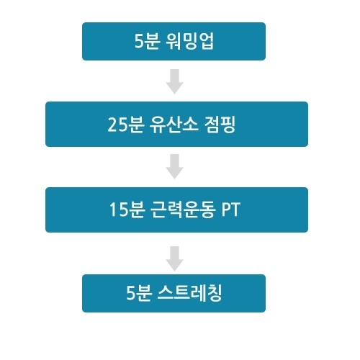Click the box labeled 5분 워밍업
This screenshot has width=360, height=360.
[x=174, y=41]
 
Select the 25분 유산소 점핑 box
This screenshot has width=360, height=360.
[x=176, y=124]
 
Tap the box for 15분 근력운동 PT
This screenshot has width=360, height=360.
[x=176, y=210]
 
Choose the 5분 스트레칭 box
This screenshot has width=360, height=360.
[x=174, y=293]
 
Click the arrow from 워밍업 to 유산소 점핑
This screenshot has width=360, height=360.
[x=175, y=81]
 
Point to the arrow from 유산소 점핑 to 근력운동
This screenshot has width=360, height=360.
[x=175, y=166]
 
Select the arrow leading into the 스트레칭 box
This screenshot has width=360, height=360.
[x=175, y=258]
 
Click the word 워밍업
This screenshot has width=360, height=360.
[x=189, y=41]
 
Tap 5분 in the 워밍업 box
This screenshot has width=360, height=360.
[x=147, y=41]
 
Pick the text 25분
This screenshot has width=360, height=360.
[x=126, y=125]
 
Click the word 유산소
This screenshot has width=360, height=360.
[x=174, y=125]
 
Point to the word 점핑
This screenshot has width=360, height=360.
[x=220, y=125]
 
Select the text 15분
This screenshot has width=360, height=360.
[x=127, y=210]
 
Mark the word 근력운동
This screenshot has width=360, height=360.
[x=182, y=210]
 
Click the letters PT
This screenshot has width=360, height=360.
[x=230, y=210]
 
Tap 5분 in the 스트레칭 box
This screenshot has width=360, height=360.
[x=139, y=293]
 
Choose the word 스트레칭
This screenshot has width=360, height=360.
[x=189, y=293]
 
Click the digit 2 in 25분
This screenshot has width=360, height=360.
[x=112, y=125]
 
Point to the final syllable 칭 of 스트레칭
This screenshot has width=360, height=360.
[x=214, y=293]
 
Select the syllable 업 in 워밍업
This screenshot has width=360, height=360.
[x=206, y=41]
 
